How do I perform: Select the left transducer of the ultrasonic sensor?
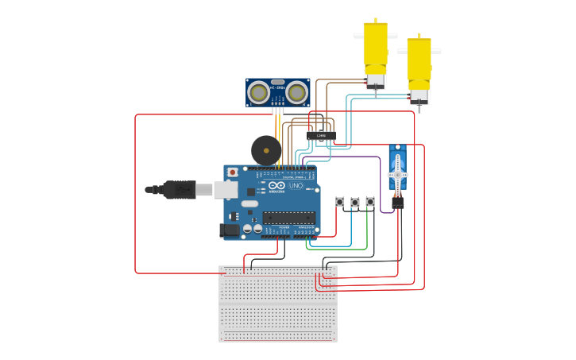click(258, 93)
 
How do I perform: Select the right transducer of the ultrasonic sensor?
click(296, 93)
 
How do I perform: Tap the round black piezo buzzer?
click(265, 150)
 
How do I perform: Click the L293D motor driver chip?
click(321, 135)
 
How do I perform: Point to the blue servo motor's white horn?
click(397, 173)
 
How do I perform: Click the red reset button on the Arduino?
click(232, 172)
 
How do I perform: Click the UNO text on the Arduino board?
click(295, 186)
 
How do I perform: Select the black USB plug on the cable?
click(177, 189)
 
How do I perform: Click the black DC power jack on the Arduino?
click(229, 230)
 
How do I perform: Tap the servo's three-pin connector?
click(397, 203)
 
